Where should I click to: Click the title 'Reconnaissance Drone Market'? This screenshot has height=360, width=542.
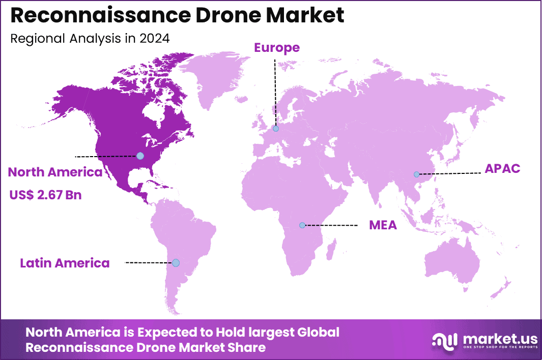click(177, 16)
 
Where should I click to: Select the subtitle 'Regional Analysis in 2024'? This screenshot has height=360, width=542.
click(90, 39)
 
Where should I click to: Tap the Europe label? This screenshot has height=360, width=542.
click(277, 48)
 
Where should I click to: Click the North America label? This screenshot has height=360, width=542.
click(55, 172)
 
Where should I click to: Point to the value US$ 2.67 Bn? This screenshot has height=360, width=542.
click(45, 195)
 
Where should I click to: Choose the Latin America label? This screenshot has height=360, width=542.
click(65, 263)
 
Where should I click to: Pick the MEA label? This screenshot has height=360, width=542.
click(383, 225)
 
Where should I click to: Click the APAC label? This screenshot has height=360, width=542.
click(502, 169)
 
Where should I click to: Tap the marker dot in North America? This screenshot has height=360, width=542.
click(140, 156)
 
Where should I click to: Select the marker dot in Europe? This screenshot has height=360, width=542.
click(275, 129)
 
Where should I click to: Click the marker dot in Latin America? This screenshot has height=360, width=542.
click(176, 263)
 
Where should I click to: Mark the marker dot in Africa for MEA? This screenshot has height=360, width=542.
click(302, 225)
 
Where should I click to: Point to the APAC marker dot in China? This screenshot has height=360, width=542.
click(416, 174)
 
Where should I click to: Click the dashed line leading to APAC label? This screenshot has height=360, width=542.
click(450, 173)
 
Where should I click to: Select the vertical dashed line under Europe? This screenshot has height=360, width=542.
click(275, 92)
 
